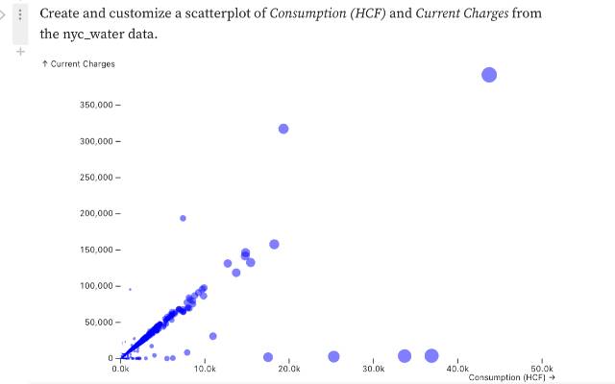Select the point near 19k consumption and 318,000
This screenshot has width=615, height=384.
point(283,129)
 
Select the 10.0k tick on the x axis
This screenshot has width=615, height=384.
point(205,369)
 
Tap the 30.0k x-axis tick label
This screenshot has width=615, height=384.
point(373,369)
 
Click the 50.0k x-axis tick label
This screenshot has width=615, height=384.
point(542,369)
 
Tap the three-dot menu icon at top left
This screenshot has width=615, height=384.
point(20,15)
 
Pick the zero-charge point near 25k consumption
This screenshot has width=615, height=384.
point(333,356)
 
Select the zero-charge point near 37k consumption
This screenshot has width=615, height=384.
point(431,356)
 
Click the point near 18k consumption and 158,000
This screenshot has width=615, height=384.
point(274,244)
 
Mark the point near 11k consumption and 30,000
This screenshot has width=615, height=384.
point(212,336)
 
